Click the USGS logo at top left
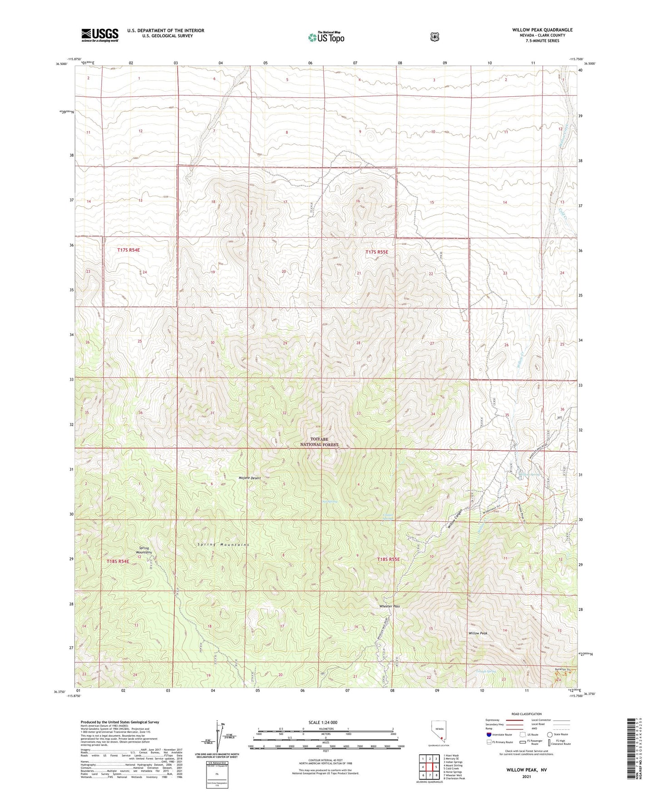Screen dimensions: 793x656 pyautogui.click(x=100, y=35)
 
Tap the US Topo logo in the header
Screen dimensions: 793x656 pyautogui.click(x=326, y=37)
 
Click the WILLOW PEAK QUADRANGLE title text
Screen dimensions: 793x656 pyautogui.click(x=542, y=30)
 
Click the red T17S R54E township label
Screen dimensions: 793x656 pyautogui.click(x=128, y=250)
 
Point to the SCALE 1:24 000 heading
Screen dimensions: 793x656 pyautogui.click(x=323, y=722)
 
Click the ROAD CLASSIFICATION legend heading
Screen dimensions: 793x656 pyautogui.click(x=526, y=714)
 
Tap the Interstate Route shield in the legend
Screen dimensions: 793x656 pyautogui.click(x=488, y=734)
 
